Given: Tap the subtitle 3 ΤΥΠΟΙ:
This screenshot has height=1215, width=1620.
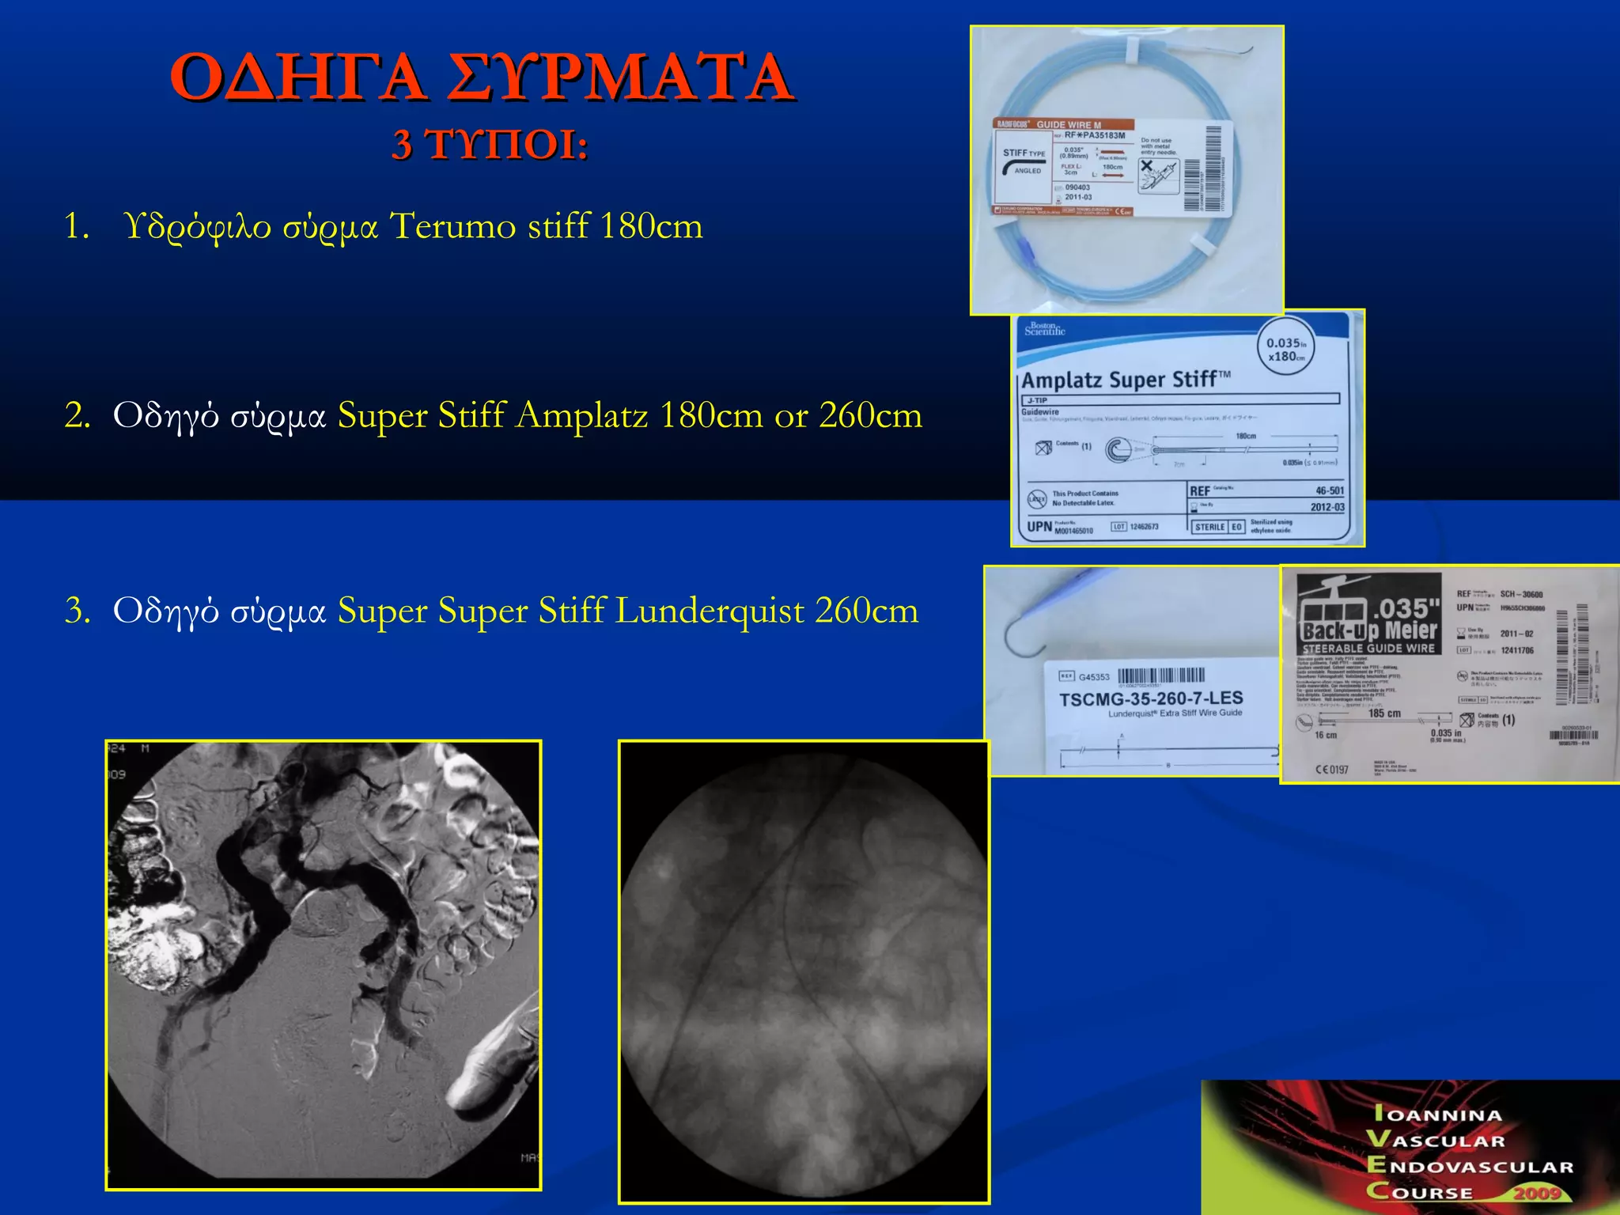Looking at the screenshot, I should (x=490, y=146).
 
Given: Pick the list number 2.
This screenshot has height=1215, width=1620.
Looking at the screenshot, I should (x=77, y=416).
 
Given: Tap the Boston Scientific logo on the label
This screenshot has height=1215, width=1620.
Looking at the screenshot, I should (x=1044, y=329).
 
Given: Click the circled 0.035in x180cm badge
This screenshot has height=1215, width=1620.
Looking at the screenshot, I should (x=1286, y=350).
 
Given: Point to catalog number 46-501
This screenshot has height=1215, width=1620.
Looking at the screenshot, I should (x=1329, y=490).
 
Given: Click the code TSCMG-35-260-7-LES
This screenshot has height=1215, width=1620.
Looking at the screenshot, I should (x=1150, y=699).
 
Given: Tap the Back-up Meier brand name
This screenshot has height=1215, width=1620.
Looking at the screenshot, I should (x=1368, y=630).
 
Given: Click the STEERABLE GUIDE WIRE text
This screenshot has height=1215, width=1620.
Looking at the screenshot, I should (x=1368, y=649).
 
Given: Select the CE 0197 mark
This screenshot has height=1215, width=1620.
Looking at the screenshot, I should (x=1331, y=769).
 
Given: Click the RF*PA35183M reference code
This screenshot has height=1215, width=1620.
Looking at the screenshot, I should (x=1094, y=135).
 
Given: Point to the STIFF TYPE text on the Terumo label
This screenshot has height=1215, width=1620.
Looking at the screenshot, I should (x=1024, y=153).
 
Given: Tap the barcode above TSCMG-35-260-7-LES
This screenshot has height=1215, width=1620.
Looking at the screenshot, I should (x=1160, y=676).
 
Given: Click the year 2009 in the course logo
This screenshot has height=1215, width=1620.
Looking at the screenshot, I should (x=1536, y=1194).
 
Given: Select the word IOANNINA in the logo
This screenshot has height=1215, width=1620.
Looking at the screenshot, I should (x=1437, y=1115).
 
